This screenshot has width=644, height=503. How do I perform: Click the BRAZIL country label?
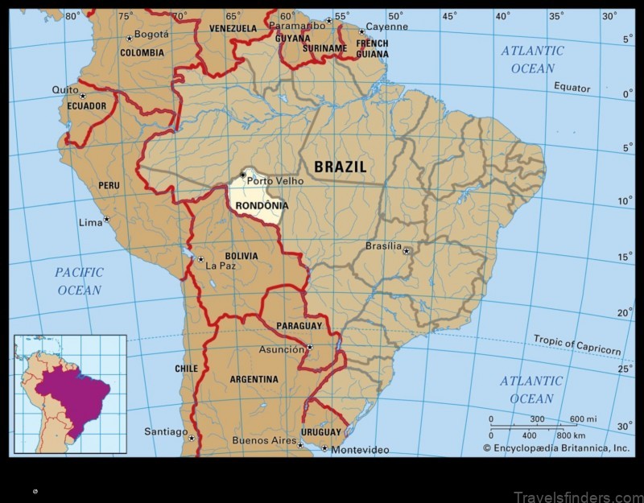tap(340, 167)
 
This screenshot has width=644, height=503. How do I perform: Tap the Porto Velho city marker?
tap(242, 175)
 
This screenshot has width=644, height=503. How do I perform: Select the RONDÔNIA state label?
tap(262, 206)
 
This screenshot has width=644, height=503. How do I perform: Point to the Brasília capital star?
tap(407, 251)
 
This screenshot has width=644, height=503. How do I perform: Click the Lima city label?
tap(89, 222)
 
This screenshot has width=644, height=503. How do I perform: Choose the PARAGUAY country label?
tap(299, 326)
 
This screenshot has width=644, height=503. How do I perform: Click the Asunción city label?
tap(281, 350)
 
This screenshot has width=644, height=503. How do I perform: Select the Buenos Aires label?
tap(263, 440)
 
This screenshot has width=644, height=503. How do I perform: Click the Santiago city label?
tap(166, 431)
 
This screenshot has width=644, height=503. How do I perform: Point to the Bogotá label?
tap(151, 35)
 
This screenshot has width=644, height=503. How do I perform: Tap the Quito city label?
tap(65, 90)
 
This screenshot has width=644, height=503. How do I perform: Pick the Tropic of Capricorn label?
tap(576, 344)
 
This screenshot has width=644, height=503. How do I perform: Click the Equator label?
tap(572, 88)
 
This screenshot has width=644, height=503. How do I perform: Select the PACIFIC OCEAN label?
tap(79, 281)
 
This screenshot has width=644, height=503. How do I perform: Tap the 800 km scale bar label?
tap(569, 435)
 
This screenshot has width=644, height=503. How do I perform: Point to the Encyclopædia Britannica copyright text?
tap(556, 448)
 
